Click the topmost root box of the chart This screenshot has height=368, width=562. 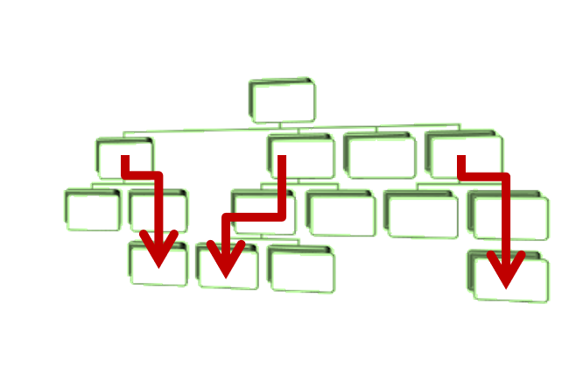coord(282,100)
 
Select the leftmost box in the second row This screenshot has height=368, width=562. coord(124,154)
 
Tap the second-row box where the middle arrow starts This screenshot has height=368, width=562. coord(301,156)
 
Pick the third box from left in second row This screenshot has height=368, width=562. coord(379,155)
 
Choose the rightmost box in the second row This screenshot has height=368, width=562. coord(463,154)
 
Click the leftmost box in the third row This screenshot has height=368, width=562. coord(92,209)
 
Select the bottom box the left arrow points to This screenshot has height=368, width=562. coord(158,264)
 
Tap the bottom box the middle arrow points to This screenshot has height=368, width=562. coord(228,266)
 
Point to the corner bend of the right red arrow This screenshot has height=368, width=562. coord(505,178)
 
